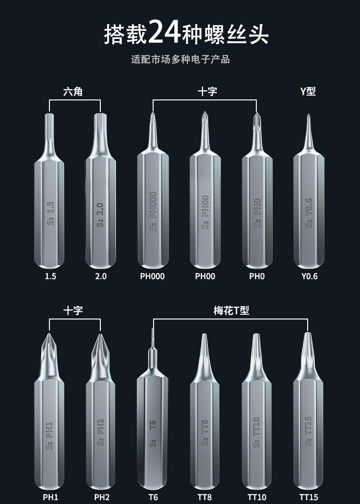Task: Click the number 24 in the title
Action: click(x=165, y=33)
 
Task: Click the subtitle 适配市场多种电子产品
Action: click(x=180, y=60)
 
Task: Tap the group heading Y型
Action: click(x=308, y=91)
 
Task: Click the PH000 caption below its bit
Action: click(x=152, y=276)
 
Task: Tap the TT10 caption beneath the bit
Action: click(x=257, y=497)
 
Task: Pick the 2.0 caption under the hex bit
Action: click(x=101, y=276)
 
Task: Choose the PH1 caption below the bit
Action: click(x=49, y=497)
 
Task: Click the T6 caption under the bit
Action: click(x=153, y=497)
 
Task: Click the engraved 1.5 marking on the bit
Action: click(x=50, y=208)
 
